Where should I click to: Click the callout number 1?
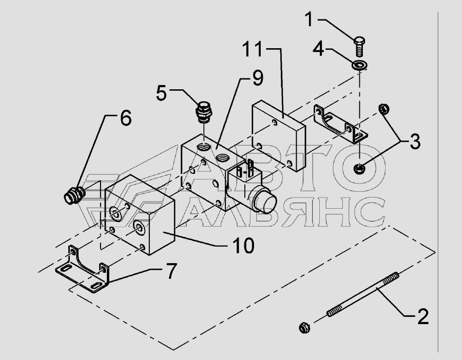click(309, 19)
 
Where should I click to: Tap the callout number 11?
click(252, 49)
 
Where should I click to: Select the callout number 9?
click(258, 78)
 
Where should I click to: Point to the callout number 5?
click(162, 93)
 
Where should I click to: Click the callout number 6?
click(126, 118)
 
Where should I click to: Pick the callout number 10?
click(243, 246)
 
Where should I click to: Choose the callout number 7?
click(171, 271)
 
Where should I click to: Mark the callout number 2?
click(423, 317)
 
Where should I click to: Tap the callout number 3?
click(415, 142)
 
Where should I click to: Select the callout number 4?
click(318, 49)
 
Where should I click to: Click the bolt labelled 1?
click(359, 47)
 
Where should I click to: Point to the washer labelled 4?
click(360, 65)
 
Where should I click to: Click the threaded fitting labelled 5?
click(204, 112)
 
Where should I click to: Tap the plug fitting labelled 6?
click(75, 195)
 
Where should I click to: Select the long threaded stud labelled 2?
click(363, 294)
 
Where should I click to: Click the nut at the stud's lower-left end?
click(304, 328)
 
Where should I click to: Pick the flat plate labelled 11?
click(278, 136)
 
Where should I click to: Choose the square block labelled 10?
click(140, 215)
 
